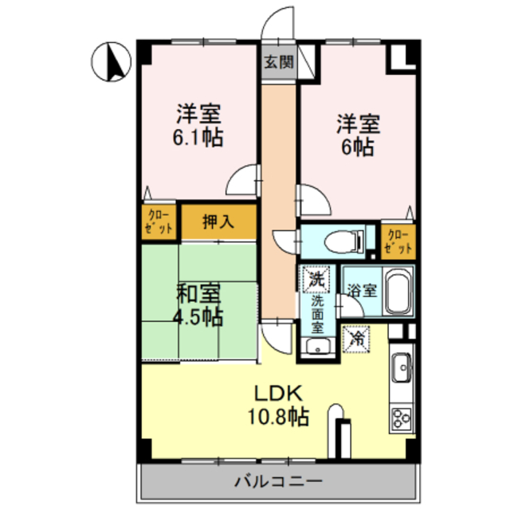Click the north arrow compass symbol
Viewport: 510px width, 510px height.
111,62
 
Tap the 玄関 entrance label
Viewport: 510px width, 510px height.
279,62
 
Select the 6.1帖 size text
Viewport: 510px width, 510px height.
198,138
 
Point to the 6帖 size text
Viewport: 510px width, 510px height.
357,147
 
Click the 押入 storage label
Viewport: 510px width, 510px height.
218,222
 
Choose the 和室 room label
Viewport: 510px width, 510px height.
198,293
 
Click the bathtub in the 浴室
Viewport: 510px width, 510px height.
398,290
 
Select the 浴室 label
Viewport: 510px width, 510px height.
362,290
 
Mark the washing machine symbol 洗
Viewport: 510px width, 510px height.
316,279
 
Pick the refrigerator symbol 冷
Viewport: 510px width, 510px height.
356,339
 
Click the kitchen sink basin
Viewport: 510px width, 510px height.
402,367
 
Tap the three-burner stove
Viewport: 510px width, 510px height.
402,418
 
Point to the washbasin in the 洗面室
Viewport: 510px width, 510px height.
317,347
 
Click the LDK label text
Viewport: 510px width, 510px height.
278,393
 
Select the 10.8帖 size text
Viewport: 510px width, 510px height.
278,417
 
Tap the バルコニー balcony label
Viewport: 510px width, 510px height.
279,481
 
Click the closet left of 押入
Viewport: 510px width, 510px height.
159,222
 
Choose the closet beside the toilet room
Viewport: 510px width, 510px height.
398,242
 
